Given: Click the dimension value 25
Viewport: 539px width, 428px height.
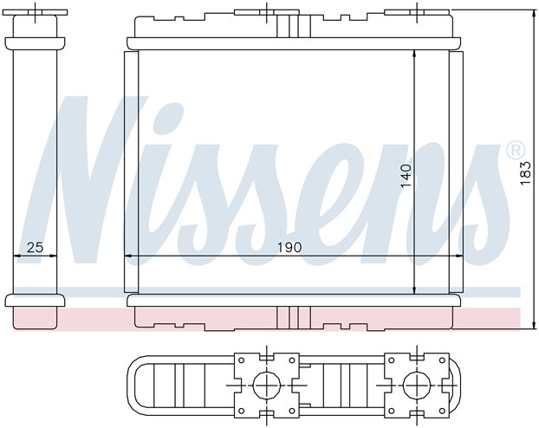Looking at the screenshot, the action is (35, 247).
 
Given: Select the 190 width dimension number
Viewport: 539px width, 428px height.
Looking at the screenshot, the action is (289, 247).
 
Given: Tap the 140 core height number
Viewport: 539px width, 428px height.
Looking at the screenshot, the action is (406, 176).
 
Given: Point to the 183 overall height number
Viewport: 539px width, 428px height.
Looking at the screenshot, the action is (526, 173).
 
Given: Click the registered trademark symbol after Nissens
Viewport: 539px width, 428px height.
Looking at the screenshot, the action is (516, 150).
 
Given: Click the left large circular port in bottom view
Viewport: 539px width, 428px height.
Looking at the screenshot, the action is (267, 386).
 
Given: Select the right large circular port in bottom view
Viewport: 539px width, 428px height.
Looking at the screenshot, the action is (417, 386).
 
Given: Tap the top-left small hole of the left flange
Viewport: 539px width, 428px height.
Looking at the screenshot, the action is (242, 360).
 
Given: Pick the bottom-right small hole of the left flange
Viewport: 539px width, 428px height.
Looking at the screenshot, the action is (292, 411).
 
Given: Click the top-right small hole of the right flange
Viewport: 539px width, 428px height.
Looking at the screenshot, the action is (442, 360).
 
